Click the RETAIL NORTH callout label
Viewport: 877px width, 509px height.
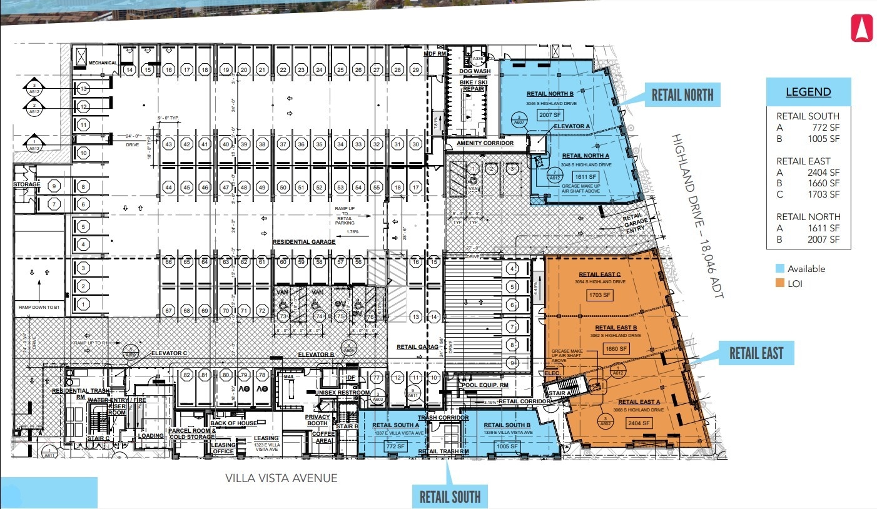[x=682, y=94]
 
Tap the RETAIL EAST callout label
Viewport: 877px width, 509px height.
[x=756, y=353]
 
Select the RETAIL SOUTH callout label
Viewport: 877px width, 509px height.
[x=450, y=496]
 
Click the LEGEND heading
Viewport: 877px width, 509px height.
[x=808, y=92]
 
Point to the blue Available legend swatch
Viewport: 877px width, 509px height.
[x=779, y=268]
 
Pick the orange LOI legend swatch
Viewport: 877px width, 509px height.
[x=779, y=283]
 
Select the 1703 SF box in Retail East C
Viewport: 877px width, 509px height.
[x=599, y=295]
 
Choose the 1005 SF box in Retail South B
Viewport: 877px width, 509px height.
[x=507, y=446]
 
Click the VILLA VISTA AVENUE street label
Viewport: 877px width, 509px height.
[x=281, y=478]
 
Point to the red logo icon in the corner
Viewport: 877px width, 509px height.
[x=861, y=28]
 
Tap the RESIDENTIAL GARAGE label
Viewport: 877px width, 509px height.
[x=304, y=241]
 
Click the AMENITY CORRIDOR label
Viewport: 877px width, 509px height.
[x=485, y=143]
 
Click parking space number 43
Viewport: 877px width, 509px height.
[x=168, y=144]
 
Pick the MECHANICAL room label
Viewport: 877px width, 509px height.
[x=103, y=63]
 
